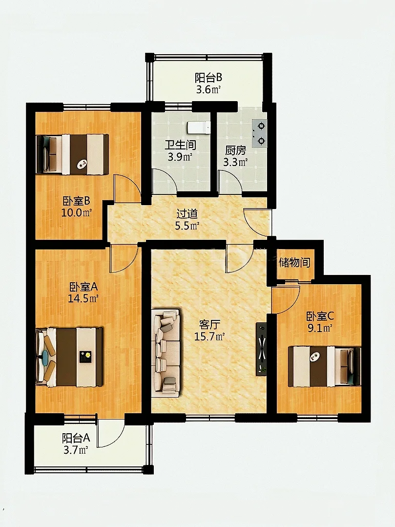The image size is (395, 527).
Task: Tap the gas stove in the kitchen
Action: coord(260,133)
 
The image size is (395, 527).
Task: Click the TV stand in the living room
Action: coord(261,349)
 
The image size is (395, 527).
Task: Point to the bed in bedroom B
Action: coord(73,154)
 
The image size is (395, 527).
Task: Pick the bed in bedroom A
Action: coord(69,357)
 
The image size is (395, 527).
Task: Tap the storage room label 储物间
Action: coord(294,262)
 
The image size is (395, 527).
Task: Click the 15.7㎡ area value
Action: coord(209,337)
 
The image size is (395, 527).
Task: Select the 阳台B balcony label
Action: coord(208,78)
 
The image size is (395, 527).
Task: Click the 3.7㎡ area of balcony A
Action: coord(76,450)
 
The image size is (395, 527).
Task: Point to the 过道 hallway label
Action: coord(187,214)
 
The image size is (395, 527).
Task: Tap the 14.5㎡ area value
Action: coord(83,298)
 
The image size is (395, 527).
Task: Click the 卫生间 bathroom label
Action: coord(180,145)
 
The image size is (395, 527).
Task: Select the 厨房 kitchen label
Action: coord(235,150)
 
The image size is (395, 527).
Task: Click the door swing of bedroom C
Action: coord(286,299)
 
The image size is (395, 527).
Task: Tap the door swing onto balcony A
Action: coord(111,433)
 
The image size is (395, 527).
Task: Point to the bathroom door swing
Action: coord(165,182)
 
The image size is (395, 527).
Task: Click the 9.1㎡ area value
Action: coord(320,328)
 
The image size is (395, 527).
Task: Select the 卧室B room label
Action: coord(76,201)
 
